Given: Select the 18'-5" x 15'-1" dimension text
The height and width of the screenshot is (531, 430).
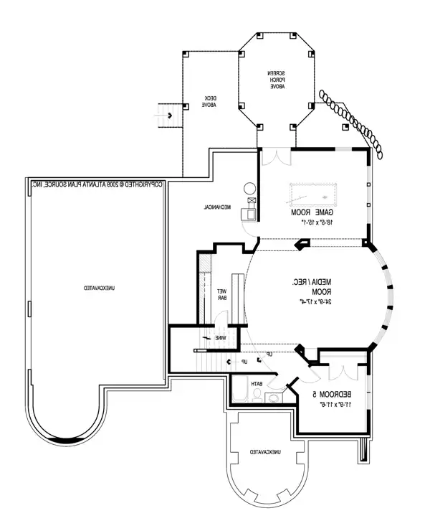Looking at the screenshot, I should (x=313, y=222).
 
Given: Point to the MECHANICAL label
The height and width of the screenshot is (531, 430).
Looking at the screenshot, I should (x=216, y=207).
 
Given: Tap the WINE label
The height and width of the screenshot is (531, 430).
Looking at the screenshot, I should (x=222, y=338).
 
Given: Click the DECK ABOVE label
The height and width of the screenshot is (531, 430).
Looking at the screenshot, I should (x=209, y=100).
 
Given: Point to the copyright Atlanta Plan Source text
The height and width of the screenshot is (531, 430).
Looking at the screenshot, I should (x=97, y=184).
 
